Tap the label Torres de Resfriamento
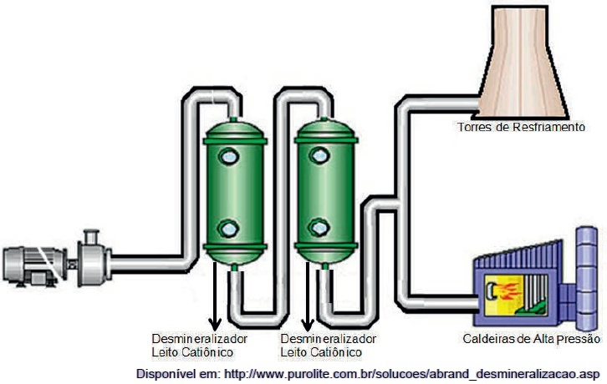(x=521, y=127)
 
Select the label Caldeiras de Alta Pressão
(x=532, y=339)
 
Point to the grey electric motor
(x=35, y=266)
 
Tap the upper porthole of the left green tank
(x=229, y=157)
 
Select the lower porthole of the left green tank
(x=229, y=229)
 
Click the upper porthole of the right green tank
(x=319, y=155)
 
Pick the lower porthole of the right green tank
(x=319, y=228)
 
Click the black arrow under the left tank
(x=215, y=296)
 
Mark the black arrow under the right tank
(x=308, y=296)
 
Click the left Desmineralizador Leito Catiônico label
(x=199, y=346)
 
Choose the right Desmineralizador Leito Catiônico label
(x=329, y=346)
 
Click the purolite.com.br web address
(x=412, y=374)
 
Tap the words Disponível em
(x=178, y=374)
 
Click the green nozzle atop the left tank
(x=233, y=119)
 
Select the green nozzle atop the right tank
(x=324, y=119)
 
